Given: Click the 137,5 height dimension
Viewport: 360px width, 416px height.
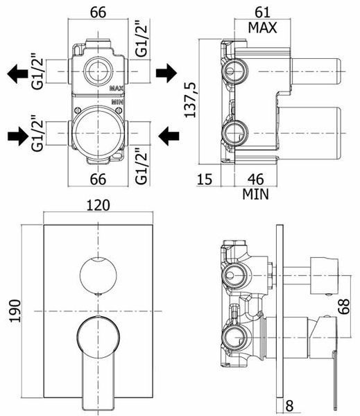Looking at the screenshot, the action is pos(190,100).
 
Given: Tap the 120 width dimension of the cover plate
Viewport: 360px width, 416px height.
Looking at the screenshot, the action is pos(98,205).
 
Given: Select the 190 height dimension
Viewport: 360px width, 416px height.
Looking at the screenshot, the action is pos(15,311).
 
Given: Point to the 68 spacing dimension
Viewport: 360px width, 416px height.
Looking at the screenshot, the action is pos(344,306).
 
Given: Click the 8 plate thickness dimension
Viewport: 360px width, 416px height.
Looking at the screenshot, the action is pos(289,406).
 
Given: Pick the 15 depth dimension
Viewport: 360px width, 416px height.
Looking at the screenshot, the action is pos(205,179).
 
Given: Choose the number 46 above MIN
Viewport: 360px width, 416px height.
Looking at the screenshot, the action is pos(255,179).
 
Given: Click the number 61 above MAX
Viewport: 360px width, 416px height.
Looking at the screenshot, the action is pos(262,12).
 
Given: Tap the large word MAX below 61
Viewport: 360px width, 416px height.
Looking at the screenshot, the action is pos(262,28).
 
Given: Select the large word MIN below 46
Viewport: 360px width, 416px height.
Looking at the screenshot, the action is pos(255,194).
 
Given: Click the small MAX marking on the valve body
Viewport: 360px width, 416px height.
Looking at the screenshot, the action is pos(117,88).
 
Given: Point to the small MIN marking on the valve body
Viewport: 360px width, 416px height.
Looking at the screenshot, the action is pos(117,102).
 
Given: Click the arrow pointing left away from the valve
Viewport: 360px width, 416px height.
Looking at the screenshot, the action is pos(17,73).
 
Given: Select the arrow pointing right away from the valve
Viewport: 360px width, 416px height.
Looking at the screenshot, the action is pos(166,73).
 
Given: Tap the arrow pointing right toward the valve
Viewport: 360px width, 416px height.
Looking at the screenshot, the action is pos(18,136).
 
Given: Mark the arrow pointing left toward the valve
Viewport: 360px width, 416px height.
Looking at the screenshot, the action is pos(169,136).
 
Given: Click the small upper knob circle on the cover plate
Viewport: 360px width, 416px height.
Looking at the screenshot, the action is pos(98,276).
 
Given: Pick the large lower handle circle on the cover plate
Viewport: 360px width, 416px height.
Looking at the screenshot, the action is pos(98,337).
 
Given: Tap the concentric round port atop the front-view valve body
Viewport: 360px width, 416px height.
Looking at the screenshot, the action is pos(98,71).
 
